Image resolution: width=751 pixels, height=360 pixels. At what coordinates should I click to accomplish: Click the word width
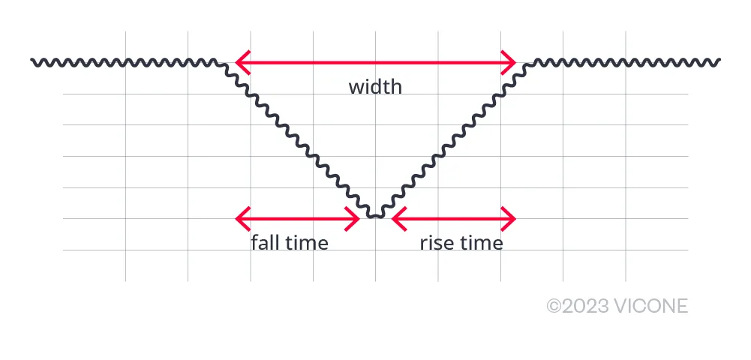(x=375, y=87)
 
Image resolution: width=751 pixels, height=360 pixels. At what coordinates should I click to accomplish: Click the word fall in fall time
(x=264, y=243)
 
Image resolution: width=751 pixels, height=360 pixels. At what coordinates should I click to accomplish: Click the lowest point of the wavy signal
(x=376, y=217)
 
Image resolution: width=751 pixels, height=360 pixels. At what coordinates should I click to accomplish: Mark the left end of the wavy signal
(x=32, y=60)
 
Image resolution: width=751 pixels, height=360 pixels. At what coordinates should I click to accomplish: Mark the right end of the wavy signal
(x=719, y=61)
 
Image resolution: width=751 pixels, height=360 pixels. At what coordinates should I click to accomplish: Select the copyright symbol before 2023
(x=554, y=306)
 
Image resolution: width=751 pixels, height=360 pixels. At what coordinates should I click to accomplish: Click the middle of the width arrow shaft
(x=375, y=62)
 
